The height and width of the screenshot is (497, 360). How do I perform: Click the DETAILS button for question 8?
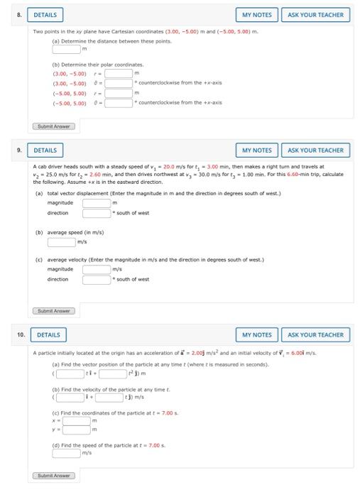(x=45, y=14)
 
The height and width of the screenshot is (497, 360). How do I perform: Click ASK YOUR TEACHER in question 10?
(x=315, y=334)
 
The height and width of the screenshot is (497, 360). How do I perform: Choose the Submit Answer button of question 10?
(x=54, y=475)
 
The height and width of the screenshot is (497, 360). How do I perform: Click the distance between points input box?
(x=66, y=49)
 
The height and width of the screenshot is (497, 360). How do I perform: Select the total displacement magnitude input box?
(x=97, y=203)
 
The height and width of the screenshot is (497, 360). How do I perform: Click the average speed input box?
(x=61, y=241)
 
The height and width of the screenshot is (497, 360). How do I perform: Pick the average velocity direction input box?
(x=97, y=279)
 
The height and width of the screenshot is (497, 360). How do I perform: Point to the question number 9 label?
(x=21, y=150)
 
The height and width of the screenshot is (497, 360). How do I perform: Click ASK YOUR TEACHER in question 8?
(x=315, y=14)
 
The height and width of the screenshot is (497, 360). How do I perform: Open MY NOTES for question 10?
(x=256, y=334)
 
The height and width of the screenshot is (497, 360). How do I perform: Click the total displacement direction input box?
(x=97, y=213)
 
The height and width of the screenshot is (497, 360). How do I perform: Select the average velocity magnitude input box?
(x=97, y=269)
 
